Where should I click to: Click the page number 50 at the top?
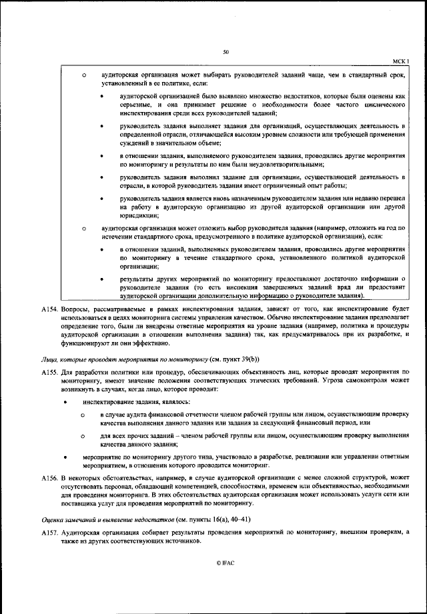(226, 51)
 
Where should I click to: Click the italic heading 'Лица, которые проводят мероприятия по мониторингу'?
(109, 357)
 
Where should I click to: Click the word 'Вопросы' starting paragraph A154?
(73, 310)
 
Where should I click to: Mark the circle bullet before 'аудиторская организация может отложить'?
(84, 228)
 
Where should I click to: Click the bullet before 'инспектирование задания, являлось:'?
(65, 403)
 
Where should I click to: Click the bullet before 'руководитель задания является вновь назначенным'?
(101, 199)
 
